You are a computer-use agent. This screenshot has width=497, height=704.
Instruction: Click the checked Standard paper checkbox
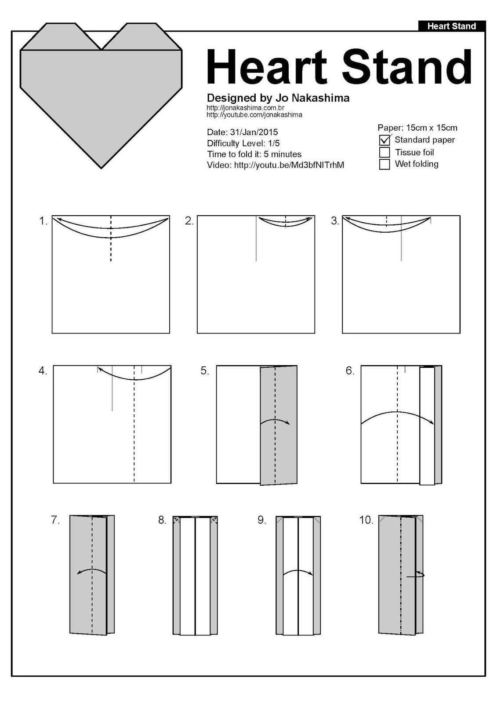click(385, 140)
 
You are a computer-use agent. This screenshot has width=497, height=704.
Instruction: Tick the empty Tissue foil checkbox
click(385, 152)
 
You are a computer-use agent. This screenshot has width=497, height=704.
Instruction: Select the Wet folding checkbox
click(385, 164)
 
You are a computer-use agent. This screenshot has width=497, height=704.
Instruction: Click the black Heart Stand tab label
click(452, 26)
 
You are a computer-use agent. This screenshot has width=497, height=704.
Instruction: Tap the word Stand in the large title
click(406, 67)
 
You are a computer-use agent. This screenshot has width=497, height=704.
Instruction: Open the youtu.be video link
click(289, 165)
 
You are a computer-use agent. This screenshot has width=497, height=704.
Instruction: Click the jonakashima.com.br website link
click(245, 108)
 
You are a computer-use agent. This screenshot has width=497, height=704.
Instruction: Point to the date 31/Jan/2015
click(254, 132)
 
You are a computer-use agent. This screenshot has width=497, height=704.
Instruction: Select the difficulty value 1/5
click(274, 143)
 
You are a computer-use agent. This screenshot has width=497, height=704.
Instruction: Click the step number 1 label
click(43, 221)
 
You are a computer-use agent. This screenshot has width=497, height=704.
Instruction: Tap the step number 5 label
click(204, 370)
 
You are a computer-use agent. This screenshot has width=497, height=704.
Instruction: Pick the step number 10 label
click(366, 520)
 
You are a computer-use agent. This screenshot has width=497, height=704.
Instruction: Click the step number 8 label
click(162, 520)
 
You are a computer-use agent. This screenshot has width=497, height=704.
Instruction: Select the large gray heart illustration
click(101, 97)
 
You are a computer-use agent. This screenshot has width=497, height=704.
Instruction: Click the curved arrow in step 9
click(298, 572)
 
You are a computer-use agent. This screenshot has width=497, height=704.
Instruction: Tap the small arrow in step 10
click(416, 575)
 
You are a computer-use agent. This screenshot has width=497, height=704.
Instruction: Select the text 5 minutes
click(283, 154)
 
